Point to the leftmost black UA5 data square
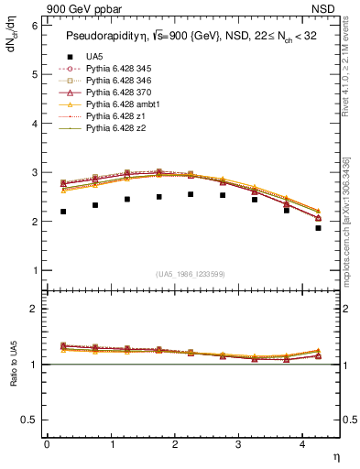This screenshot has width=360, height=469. click(63, 212)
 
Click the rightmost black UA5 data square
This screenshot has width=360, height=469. click(319, 228)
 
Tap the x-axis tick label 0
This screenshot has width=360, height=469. click(47, 444)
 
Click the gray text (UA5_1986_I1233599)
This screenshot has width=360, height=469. click(192, 275)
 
